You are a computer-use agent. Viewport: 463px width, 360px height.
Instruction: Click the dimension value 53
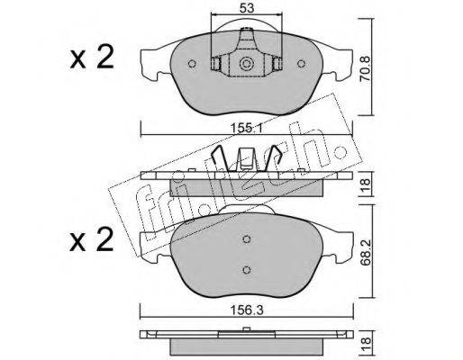(x=247, y=8)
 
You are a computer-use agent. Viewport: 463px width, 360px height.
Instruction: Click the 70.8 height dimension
(x=366, y=69)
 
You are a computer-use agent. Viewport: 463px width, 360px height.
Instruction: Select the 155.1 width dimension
(x=246, y=129)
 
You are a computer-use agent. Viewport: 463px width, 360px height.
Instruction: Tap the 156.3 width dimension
(x=246, y=310)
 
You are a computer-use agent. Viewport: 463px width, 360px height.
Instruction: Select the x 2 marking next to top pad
(x=92, y=57)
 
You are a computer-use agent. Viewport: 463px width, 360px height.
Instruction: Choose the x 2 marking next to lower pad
(x=92, y=239)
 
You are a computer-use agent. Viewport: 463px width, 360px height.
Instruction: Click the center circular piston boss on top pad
(x=246, y=64)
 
